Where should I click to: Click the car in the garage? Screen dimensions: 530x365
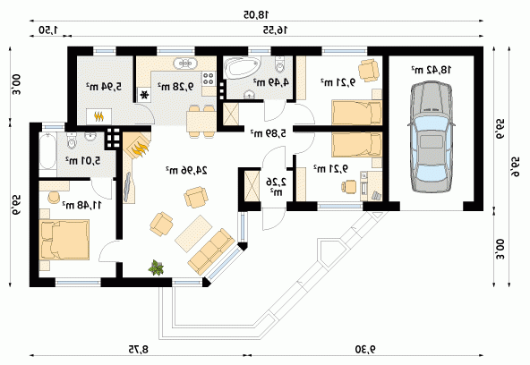pos(432,137)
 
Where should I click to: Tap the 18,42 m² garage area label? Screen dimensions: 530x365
pos(432,70)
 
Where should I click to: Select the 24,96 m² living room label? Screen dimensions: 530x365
pos(186,170)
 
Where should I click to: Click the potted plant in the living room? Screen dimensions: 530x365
pos(156,267)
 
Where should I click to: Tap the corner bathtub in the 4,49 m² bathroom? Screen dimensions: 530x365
pos(243,67)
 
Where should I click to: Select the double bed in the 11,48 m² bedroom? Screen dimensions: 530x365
pos(64,240)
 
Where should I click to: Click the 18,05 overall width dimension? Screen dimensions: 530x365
pos(256,14)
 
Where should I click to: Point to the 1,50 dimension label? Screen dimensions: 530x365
pos(48,30)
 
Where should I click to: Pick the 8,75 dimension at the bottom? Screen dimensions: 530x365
pos(138,349)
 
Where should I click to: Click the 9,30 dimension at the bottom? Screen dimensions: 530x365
pos(366,349)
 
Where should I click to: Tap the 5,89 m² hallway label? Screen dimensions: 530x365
pos(268,133)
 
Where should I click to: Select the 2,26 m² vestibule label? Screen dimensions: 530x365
pos(277,187)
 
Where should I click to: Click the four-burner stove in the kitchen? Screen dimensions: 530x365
pos(209,79)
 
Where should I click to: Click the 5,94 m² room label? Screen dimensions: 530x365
pos(104,87)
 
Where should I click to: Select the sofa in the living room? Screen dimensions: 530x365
pos(211,251)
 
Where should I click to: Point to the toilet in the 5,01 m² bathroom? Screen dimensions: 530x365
pos(72,140)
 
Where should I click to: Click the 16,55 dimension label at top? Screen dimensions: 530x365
pos(275,30)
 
